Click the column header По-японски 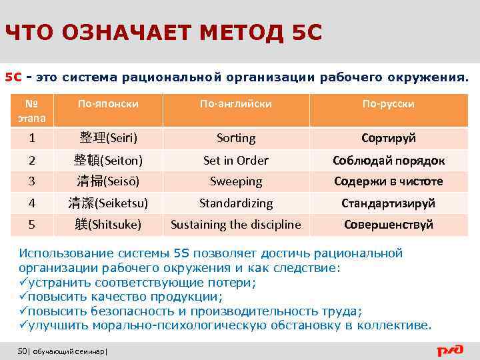coord(108,105)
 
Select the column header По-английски coord(236,105)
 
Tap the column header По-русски coord(388,105)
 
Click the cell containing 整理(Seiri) coord(108,138)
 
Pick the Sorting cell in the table coord(236,138)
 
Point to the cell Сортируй coord(388,138)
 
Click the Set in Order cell coord(236,161)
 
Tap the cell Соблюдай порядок coord(388,161)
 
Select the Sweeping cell coord(236,181)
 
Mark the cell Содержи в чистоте coord(388,181)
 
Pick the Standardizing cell coord(236,203)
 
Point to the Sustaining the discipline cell coord(236,225)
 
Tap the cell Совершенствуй coord(388,225)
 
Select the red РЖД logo coord(453,350)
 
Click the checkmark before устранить coord(23,283)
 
